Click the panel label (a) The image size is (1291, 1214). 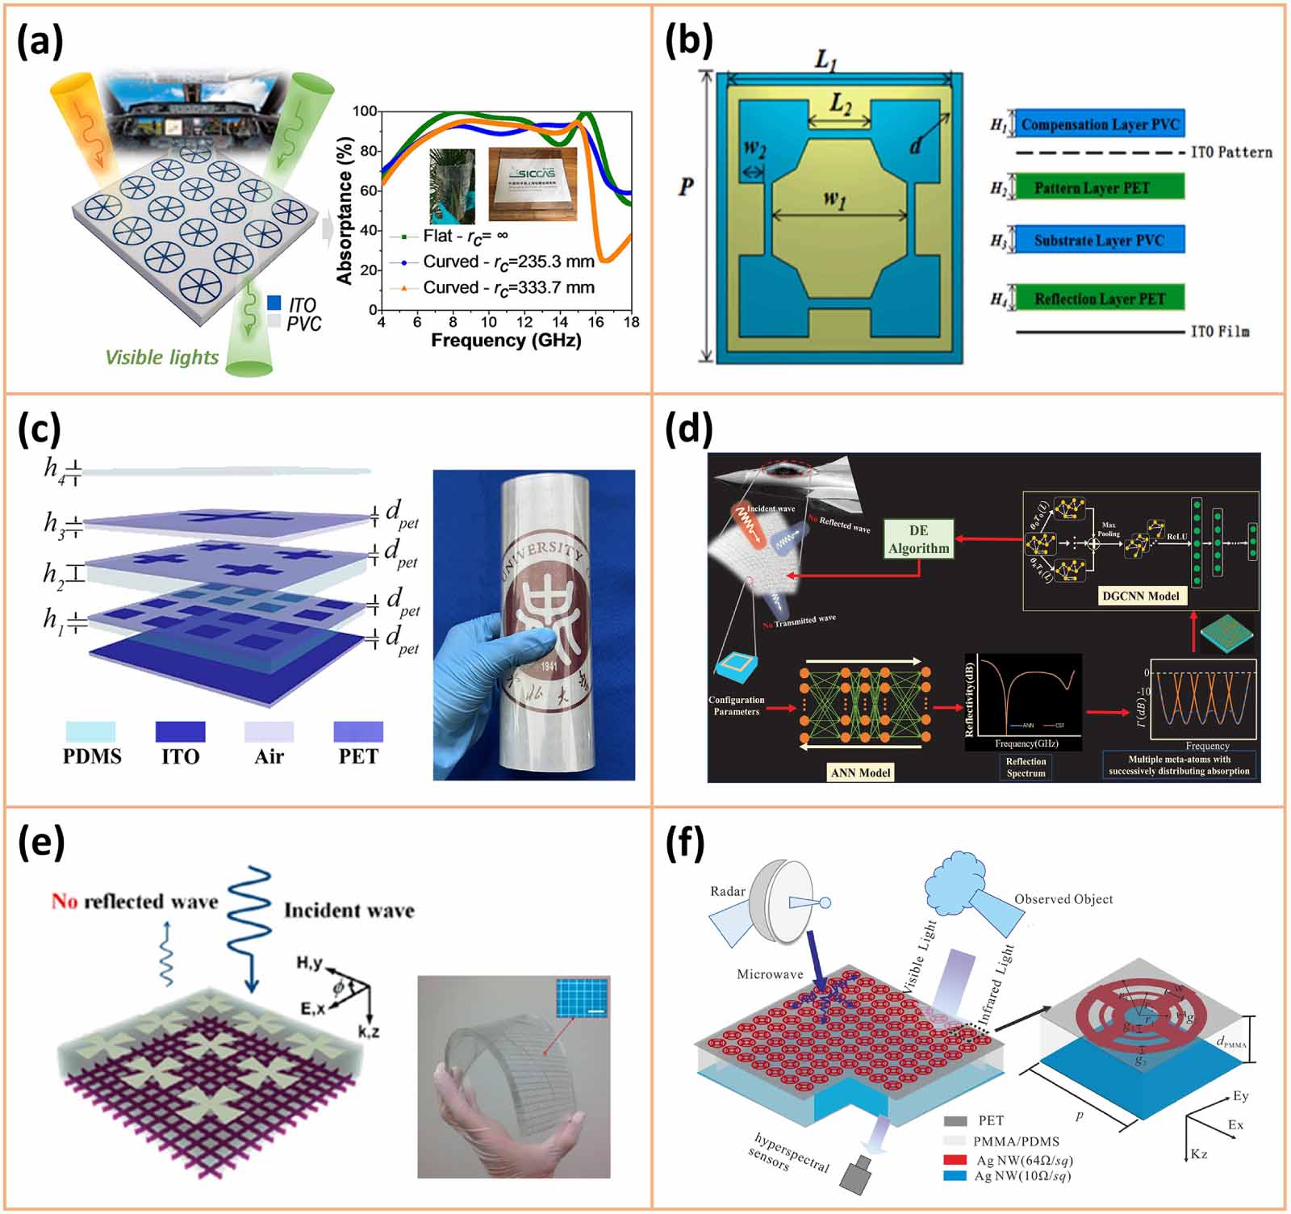click(40, 42)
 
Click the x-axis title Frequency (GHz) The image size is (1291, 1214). click(506, 340)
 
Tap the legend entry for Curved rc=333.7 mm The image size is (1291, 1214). click(508, 287)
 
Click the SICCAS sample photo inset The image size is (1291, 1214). click(533, 183)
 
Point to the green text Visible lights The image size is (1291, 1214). click(161, 358)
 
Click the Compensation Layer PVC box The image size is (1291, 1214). click(1099, 124)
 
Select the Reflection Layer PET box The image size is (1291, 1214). click(1099, 299)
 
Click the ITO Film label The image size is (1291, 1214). click(1219, 332)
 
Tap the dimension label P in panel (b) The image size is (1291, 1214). click(686, 186)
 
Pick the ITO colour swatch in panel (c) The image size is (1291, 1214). click(180, 731)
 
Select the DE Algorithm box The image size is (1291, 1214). click(918, 539)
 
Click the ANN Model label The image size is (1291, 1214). click(860, 772)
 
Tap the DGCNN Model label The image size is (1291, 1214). click(1140, 597)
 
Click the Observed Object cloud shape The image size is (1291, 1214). click(960, 876)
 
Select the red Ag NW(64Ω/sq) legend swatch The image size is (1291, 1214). click(955, 1160)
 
